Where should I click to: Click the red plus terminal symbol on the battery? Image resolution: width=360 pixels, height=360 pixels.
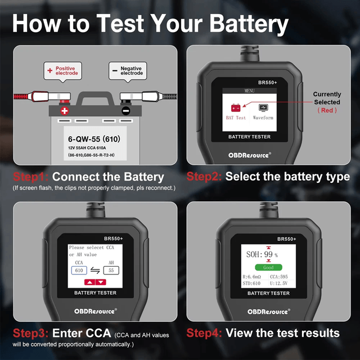[x=65, y=111]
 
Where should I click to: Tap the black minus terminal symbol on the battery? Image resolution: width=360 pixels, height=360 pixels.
[x=126, y=111]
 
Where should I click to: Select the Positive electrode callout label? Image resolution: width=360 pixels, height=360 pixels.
[x=62, y=71]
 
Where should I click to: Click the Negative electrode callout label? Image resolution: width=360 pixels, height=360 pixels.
[x=128, y=71]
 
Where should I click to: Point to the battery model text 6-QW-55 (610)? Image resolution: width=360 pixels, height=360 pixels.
[x=94, y=139]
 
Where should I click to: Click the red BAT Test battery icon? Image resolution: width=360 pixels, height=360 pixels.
[x=236, y=107]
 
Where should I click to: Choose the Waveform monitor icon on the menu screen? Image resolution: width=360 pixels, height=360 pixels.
[x=263, y=107]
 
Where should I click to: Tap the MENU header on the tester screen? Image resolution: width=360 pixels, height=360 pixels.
[x=250, y=91]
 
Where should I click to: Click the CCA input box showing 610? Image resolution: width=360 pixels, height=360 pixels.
[x=79, y=270]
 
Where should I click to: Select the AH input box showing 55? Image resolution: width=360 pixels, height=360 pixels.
[x=111, y=270]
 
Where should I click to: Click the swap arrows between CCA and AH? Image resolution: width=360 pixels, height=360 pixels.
[x=95, y=271]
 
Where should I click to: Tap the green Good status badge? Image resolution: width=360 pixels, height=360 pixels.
[x=268, y=267]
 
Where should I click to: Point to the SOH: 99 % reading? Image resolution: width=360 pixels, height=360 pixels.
[x=262, y=254]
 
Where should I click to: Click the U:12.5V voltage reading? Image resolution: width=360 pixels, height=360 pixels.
[x=279, y=283]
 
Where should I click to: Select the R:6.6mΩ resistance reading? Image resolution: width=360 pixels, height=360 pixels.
[x=252, y=277]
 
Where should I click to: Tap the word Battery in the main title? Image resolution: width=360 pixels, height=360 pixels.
[x=249, y=24]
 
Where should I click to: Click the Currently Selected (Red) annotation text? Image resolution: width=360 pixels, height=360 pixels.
[x=327, y=102]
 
